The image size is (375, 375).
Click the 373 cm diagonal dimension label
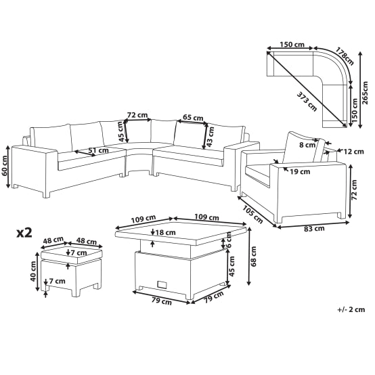click(307, 102)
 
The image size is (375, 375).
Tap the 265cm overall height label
click(365, 93)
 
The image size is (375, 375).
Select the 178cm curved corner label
click(345, 56)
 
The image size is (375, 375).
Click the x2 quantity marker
click(24, 233)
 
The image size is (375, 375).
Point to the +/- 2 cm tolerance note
click(351, 309)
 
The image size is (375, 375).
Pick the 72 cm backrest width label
click(137, 115)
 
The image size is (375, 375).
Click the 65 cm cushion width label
click(193, 118)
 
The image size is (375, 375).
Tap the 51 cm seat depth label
click(98, 150)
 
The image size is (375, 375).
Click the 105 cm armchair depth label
click(252, 215)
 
